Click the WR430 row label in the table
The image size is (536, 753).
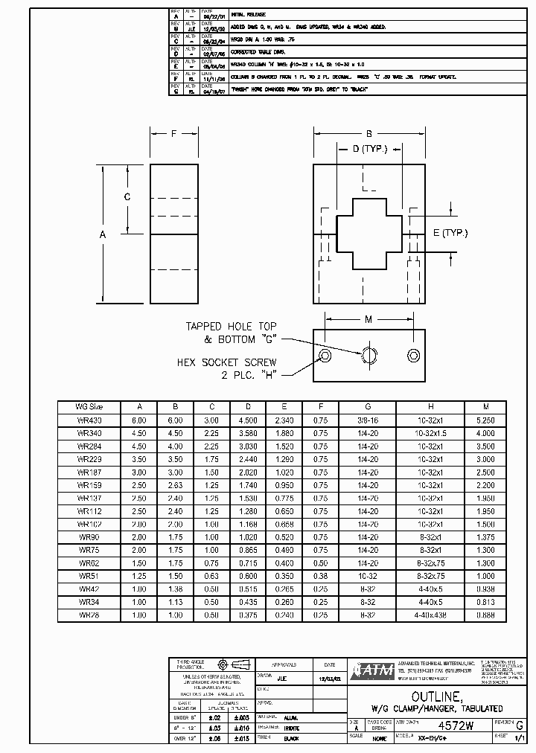(89, 420)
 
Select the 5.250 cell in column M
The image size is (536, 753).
(485, 420)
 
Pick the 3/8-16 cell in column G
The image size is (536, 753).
(367, 420)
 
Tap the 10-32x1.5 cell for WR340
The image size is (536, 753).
(430, 433)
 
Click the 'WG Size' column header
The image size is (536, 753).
(89, 407)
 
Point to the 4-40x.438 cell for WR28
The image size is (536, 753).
(430, 615)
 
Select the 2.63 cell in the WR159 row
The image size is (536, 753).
(176, 485)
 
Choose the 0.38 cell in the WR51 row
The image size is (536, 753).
(320, 577)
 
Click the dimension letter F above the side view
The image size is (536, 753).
(173, 134)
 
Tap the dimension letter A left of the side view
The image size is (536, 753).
(103, 234)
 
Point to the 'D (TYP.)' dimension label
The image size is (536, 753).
(364, 149)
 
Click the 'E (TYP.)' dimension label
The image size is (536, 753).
(450, 233)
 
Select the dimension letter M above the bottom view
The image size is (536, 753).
(368, 319)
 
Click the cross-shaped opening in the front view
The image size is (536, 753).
(362, 234)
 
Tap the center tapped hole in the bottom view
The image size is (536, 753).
(368, 354)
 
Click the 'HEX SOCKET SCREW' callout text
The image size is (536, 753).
(226, 362)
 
